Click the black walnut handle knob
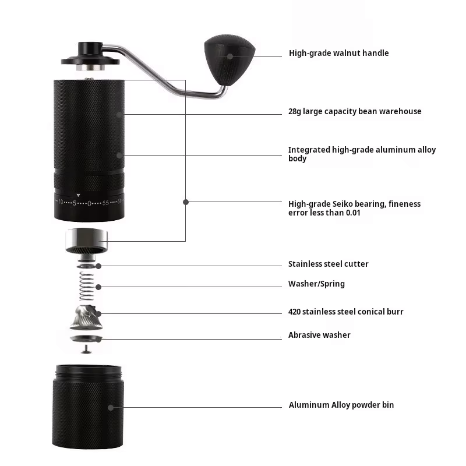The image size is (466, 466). click(x=229, y=57)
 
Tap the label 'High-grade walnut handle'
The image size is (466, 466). click(x=338, y=53)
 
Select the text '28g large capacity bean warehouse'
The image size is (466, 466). click(x=355, y=111)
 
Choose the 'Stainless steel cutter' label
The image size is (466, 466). click(x=328, y=264)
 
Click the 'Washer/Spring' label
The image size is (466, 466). click(x=316, y=284)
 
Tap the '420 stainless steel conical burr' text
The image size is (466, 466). click(x=345, y=312)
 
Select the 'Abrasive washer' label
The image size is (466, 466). click(x=319, y=335)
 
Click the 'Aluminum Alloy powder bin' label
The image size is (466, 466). click(x=341, y=405)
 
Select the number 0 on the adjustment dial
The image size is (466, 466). click(x=89, y=203)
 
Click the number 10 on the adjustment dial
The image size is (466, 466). click(x=61, y=202)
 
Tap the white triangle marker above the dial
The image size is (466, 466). click(x=79, y=195)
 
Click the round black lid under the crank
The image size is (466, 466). click(x=90, y=59)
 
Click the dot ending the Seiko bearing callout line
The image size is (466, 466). click(x=185, y=202)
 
